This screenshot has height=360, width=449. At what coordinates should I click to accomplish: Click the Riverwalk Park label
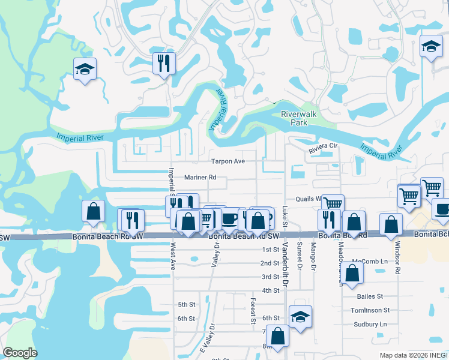pyautogui.click(x=294, y=118)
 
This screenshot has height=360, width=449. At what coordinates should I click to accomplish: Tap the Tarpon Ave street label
pyautogui.click(x=228, y=161)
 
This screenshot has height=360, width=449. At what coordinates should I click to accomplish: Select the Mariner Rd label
pyautogui.click(x=200, y=178)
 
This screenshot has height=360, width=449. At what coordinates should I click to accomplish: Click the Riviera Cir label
pyautogui.click(x=324, y=146)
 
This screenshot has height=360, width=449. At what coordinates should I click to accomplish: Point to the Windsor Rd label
pyautogui.click(x=397, y=258)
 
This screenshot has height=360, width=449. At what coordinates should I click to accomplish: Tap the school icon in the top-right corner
pyautogui.click(x=430, y=47)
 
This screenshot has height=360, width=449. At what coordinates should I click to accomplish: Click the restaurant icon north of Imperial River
pyautogui.click(x=163, y=62)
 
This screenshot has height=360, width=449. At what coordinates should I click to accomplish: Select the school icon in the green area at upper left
pyautogui.click(x=85, y=69)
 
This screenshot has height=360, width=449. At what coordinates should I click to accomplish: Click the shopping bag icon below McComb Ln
pyautogui.click(x=354, y=273)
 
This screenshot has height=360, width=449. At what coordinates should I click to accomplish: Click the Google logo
pyautogui.click(x=20, y=353)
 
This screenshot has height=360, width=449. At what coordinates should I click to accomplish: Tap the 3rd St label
pyautogui.click(x=270, y=277)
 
